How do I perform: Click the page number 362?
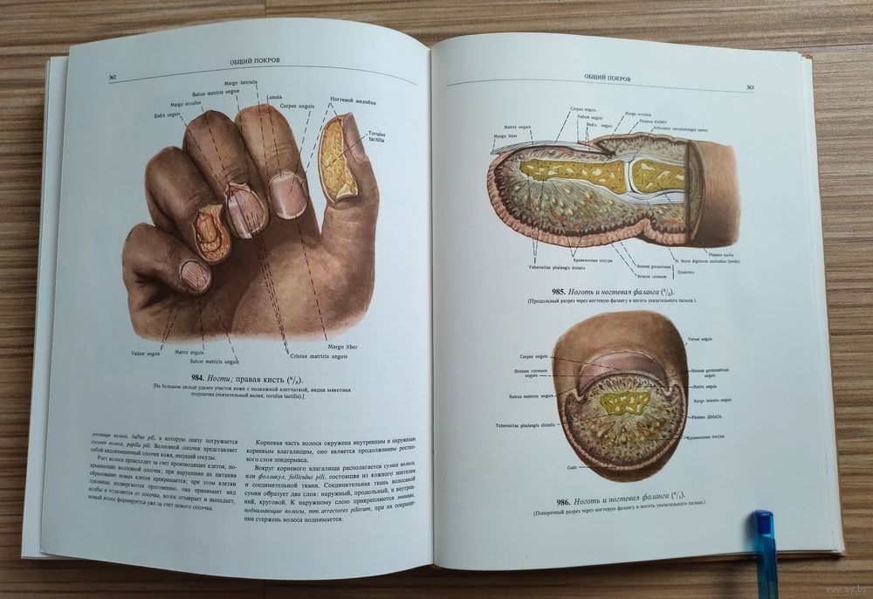[113, 78]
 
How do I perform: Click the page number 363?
[750, 87]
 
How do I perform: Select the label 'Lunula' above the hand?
[274, 96]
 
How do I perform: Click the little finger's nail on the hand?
[195, 276]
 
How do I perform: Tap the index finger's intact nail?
[287, 195]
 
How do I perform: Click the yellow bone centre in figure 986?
[627, 403]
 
